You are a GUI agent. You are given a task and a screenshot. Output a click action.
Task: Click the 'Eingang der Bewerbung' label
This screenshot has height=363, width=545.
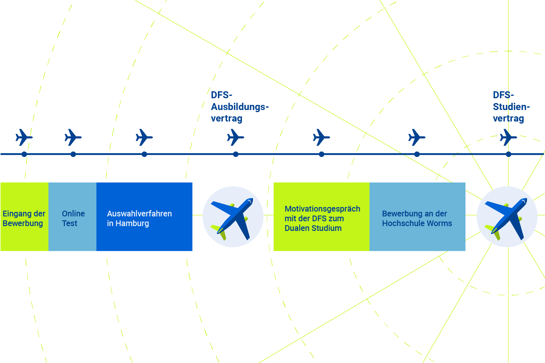(24, 218)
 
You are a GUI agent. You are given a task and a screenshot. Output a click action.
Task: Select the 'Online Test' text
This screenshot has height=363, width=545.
(73, 218)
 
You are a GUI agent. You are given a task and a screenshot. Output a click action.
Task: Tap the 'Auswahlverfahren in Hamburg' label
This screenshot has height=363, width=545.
(139, 218)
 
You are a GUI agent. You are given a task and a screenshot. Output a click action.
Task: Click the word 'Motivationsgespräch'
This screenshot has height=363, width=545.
(322, 209)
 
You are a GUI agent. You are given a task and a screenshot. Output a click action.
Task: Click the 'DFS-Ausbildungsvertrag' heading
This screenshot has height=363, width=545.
(240, 107)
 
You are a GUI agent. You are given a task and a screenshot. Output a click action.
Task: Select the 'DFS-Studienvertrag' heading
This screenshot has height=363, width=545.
(511, 107)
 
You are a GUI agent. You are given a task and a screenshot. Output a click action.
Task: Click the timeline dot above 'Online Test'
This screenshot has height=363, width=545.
(73, 154)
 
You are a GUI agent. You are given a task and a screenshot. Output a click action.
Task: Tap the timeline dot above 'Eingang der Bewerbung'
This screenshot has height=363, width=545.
(24, 154)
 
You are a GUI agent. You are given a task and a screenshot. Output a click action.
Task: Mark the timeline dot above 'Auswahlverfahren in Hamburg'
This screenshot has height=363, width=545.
(144, 154)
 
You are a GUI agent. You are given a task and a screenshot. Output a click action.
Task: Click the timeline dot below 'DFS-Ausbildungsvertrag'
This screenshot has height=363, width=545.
(236, 154)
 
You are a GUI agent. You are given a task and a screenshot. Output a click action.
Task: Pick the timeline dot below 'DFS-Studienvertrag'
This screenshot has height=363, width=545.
(508, 154)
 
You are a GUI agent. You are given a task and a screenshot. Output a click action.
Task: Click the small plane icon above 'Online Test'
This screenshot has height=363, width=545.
(73, 137)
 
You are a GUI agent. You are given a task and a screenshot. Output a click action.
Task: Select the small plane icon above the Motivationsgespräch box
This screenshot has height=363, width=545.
(321, 137)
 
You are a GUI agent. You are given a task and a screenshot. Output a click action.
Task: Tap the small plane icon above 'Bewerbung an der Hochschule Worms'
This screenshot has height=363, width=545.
(417, 137)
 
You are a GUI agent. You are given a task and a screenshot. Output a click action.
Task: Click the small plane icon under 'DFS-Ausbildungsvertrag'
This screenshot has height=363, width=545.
(235, 137)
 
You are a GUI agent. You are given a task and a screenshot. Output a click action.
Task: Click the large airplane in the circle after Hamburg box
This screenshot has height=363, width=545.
(232, 218)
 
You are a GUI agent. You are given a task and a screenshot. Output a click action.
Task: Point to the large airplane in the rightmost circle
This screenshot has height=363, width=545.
(506, 218)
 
